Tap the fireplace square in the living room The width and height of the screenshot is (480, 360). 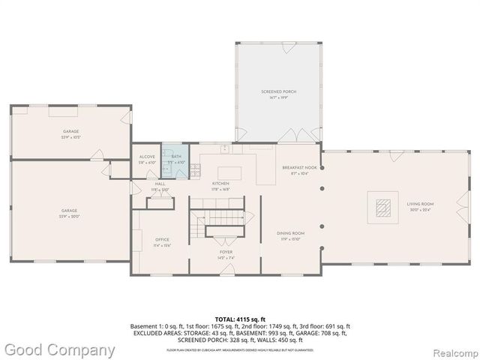383,207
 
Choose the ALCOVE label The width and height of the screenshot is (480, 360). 147,157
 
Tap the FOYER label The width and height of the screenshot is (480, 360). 226,253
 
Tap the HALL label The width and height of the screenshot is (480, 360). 160,183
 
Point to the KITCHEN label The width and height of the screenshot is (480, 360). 220,183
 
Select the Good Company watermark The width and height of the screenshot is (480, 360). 58,349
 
